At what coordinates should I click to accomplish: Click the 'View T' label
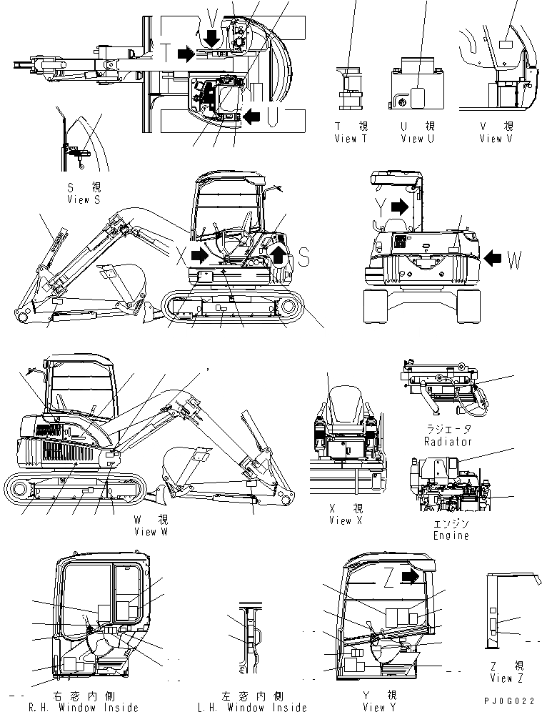pos(350,139)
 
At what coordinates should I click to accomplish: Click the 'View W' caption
pos(151,531)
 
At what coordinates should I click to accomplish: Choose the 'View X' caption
pos(346,520)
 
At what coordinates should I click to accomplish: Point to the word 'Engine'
pos(451,535)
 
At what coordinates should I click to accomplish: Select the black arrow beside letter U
pos(253,114)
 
